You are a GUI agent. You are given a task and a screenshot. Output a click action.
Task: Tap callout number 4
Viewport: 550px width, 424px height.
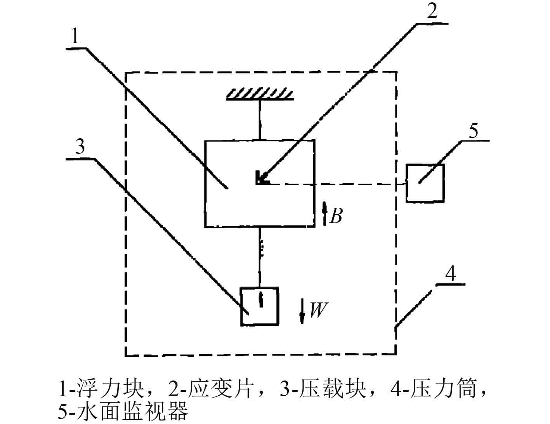pyautogui.click(x=450, y=274)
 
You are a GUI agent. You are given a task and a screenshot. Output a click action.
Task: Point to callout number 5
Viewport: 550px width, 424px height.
pyautogui.click(x=474, y=131)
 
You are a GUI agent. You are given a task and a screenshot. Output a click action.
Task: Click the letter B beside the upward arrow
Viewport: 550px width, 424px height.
pyautogui.click(x=336, y=216)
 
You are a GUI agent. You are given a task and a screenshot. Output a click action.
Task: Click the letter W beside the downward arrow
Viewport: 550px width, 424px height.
pyautogui.click(x=317, y=310)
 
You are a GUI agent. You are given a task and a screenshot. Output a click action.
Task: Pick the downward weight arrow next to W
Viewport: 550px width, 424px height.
pyautogui.click(x=302, y=312)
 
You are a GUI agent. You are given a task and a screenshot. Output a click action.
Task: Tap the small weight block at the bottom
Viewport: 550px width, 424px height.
pyautogui.click(x=259, y=306)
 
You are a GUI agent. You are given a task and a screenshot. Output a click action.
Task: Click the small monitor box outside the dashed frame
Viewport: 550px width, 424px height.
pyautogui.click(x=425, y=183)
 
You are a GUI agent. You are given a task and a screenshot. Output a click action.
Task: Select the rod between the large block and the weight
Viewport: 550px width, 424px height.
pyautogui.click(x=260, y=256)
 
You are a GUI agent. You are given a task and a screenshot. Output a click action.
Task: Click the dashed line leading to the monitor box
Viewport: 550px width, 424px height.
pyautogui.click(x=338, y=184)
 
